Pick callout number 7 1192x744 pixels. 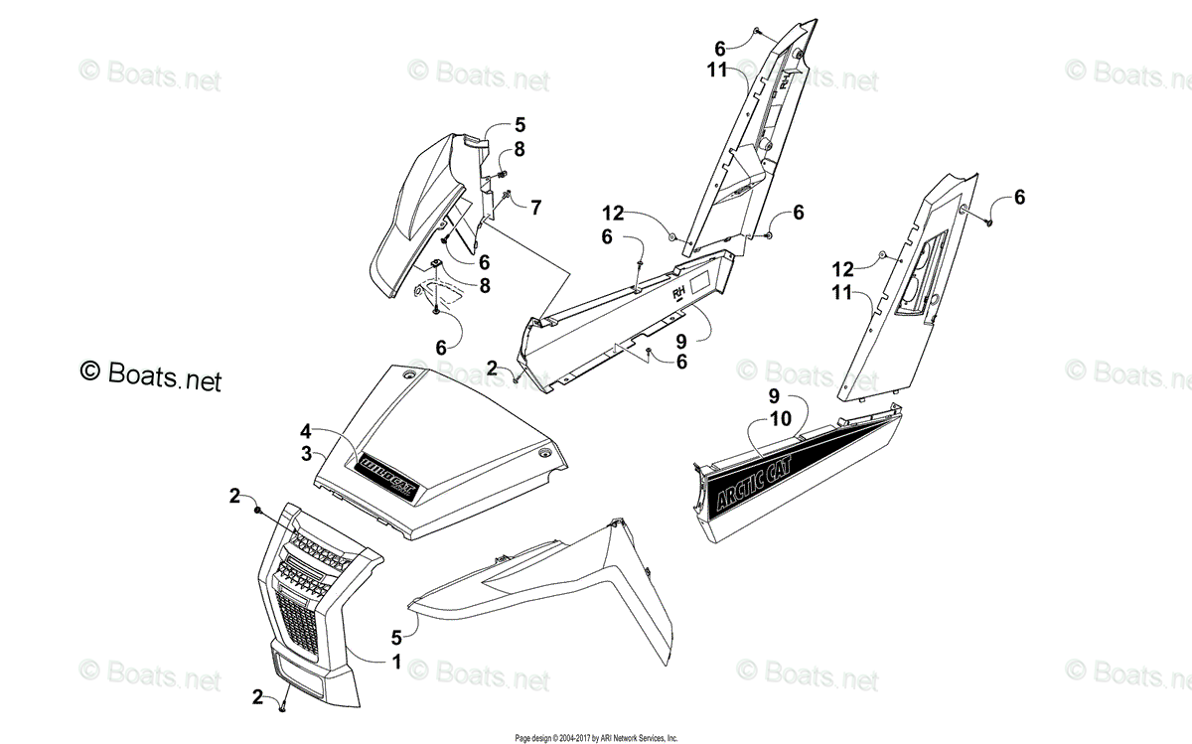click(535, 208)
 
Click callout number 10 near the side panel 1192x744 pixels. click(780, 418)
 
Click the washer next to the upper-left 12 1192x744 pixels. click(672, 236)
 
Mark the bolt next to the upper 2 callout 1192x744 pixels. click(258, 510)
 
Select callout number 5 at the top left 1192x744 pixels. click(520, 125)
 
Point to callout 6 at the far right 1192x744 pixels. click(1019, 198)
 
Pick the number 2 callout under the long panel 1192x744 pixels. click(492, 369)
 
